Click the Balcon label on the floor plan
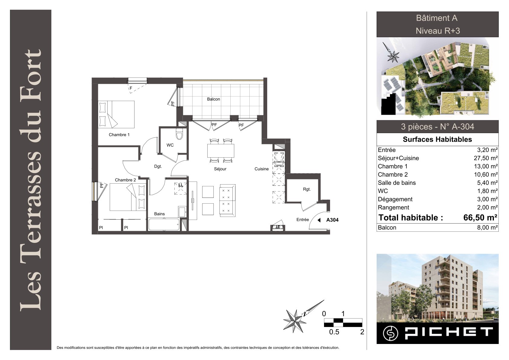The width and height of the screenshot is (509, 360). point(213,99)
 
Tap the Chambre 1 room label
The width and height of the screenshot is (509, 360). point(119,135)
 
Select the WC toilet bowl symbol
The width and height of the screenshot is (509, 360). point(179,134)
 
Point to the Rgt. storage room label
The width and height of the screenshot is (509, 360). point(307,189)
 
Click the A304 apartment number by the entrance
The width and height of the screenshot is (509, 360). point(332,220)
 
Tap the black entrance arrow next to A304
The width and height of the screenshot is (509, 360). point(319,220)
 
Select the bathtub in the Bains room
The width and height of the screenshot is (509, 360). point(164,225)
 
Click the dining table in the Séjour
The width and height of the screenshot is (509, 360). point(221,151)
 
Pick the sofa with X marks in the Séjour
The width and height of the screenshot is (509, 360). point(227,200)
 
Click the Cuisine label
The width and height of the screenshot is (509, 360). point(261,169)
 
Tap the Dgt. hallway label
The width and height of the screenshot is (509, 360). point(158,166)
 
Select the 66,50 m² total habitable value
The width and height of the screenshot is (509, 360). point(480,218)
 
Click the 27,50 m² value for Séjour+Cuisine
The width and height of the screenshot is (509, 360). point(486,158)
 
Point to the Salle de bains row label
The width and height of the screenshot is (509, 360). point(397,183)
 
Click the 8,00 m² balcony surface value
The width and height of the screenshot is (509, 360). point(488,227)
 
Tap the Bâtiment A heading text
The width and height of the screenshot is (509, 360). point(436,18)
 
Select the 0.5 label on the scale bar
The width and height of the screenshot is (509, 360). point(334,332)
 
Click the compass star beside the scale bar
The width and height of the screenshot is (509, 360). point(294,321)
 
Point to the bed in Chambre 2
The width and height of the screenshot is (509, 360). point(128,197)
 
